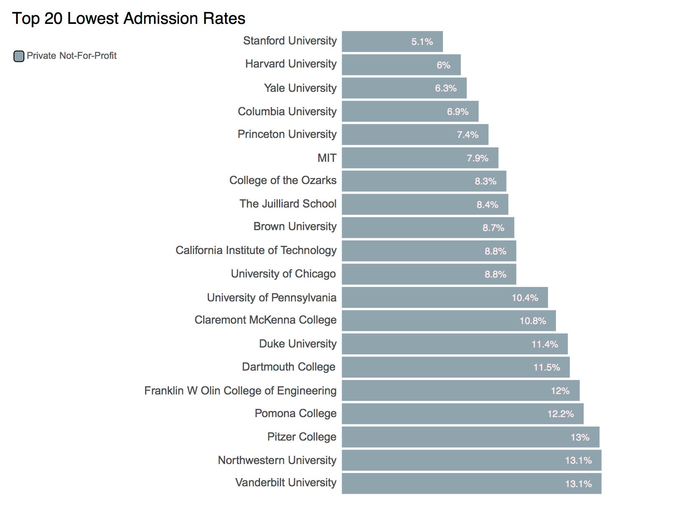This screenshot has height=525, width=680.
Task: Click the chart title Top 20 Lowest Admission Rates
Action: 129,19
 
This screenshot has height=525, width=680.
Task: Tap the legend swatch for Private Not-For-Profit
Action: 19,56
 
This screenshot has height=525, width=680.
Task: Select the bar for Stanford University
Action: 392,42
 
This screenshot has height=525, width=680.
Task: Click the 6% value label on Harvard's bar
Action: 443,65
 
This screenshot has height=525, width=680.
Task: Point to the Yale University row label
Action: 300,88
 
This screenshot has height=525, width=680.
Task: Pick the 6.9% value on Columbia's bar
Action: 458,112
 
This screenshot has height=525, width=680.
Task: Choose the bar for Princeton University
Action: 415,135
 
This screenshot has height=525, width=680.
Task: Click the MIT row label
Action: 327,158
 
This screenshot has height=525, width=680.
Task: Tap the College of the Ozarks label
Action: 283,180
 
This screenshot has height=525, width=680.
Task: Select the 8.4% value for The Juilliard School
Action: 488,205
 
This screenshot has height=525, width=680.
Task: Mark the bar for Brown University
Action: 428,228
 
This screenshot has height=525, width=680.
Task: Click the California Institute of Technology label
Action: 256,250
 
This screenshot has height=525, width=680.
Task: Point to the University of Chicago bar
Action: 429,274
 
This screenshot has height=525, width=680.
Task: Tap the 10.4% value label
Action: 525,298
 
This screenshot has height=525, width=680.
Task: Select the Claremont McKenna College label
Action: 265,320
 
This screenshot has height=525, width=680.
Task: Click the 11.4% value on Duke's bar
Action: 545,344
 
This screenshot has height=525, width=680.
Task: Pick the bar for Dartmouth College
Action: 455,367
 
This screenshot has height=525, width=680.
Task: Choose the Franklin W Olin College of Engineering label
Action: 240,391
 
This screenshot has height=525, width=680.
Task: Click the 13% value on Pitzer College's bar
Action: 580,437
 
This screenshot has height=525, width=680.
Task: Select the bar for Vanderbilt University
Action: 471,484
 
